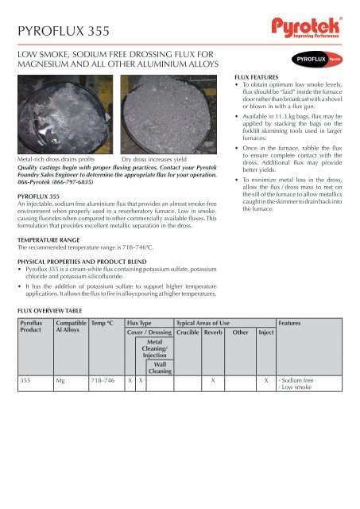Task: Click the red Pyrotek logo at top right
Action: (307, 28)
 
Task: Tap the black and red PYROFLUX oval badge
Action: (317, 60)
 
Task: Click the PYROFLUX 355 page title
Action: (64, 31)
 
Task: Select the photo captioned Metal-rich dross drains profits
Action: (65, 115)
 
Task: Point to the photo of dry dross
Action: (168, 115)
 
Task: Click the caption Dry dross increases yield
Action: (154, 159)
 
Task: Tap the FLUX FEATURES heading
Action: (257, 77)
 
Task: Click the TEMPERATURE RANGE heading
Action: (48, 240)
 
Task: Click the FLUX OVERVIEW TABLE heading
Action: (49, 311)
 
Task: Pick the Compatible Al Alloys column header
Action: (71, 326)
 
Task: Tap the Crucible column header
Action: (188, 332)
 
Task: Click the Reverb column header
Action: (213, 332)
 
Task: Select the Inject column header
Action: (266, 332)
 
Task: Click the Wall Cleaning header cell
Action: (160, 367)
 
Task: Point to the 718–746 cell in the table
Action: (103, 380)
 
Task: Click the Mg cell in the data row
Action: (60, 380)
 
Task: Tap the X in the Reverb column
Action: (213, 380)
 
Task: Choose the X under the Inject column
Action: (266, 380)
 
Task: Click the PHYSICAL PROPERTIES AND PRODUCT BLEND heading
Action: (82, 262)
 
